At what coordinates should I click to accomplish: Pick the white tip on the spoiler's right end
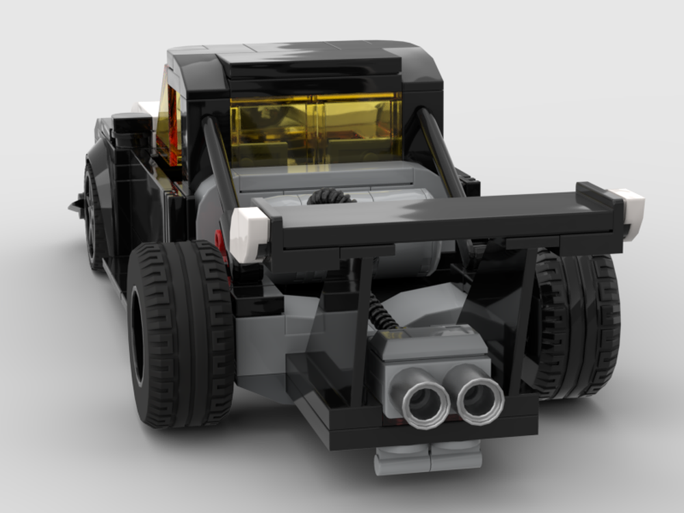tap(629, 202)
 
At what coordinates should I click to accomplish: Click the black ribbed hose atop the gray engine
tap(330, 196)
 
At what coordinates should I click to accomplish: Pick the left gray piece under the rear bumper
tap(402, 460)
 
